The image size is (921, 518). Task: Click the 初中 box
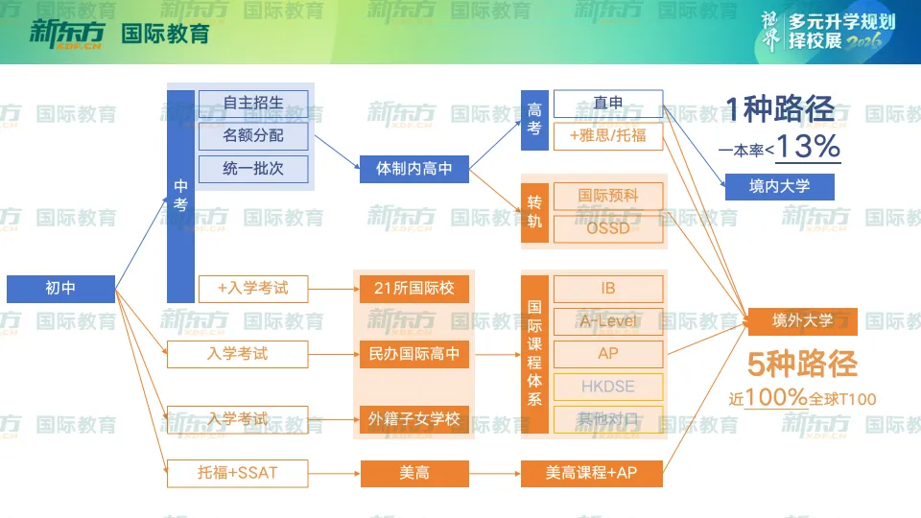(x=60, y=288)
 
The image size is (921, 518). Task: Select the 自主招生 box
(x=253, y=103)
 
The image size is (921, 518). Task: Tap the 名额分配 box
(x=253, y=136)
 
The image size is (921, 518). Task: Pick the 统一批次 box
(x=253, y=170)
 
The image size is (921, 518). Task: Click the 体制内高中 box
(x=413, y=170)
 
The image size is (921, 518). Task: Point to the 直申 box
(x=608, y=103)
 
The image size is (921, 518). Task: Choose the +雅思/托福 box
(x=608, y=136)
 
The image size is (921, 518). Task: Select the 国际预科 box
(x=608, y=196)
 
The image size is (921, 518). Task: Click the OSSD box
(x=608, y=229)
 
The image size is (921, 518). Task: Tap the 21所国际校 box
(x=413, y=288)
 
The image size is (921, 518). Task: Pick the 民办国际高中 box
(x=413, y=354)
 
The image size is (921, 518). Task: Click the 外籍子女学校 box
(x=413, y=419)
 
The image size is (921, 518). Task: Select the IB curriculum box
(x=608, y=288)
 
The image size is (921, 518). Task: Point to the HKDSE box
(x=608, y=387)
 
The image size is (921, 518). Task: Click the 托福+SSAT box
(x=238, y=472)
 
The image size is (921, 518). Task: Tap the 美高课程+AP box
(x=591, y=472)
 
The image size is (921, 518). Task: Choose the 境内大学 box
(x=779, y=186)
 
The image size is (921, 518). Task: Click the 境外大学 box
(x=803, y=321)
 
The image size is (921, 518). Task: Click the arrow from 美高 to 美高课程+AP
(x=494, y=472)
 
